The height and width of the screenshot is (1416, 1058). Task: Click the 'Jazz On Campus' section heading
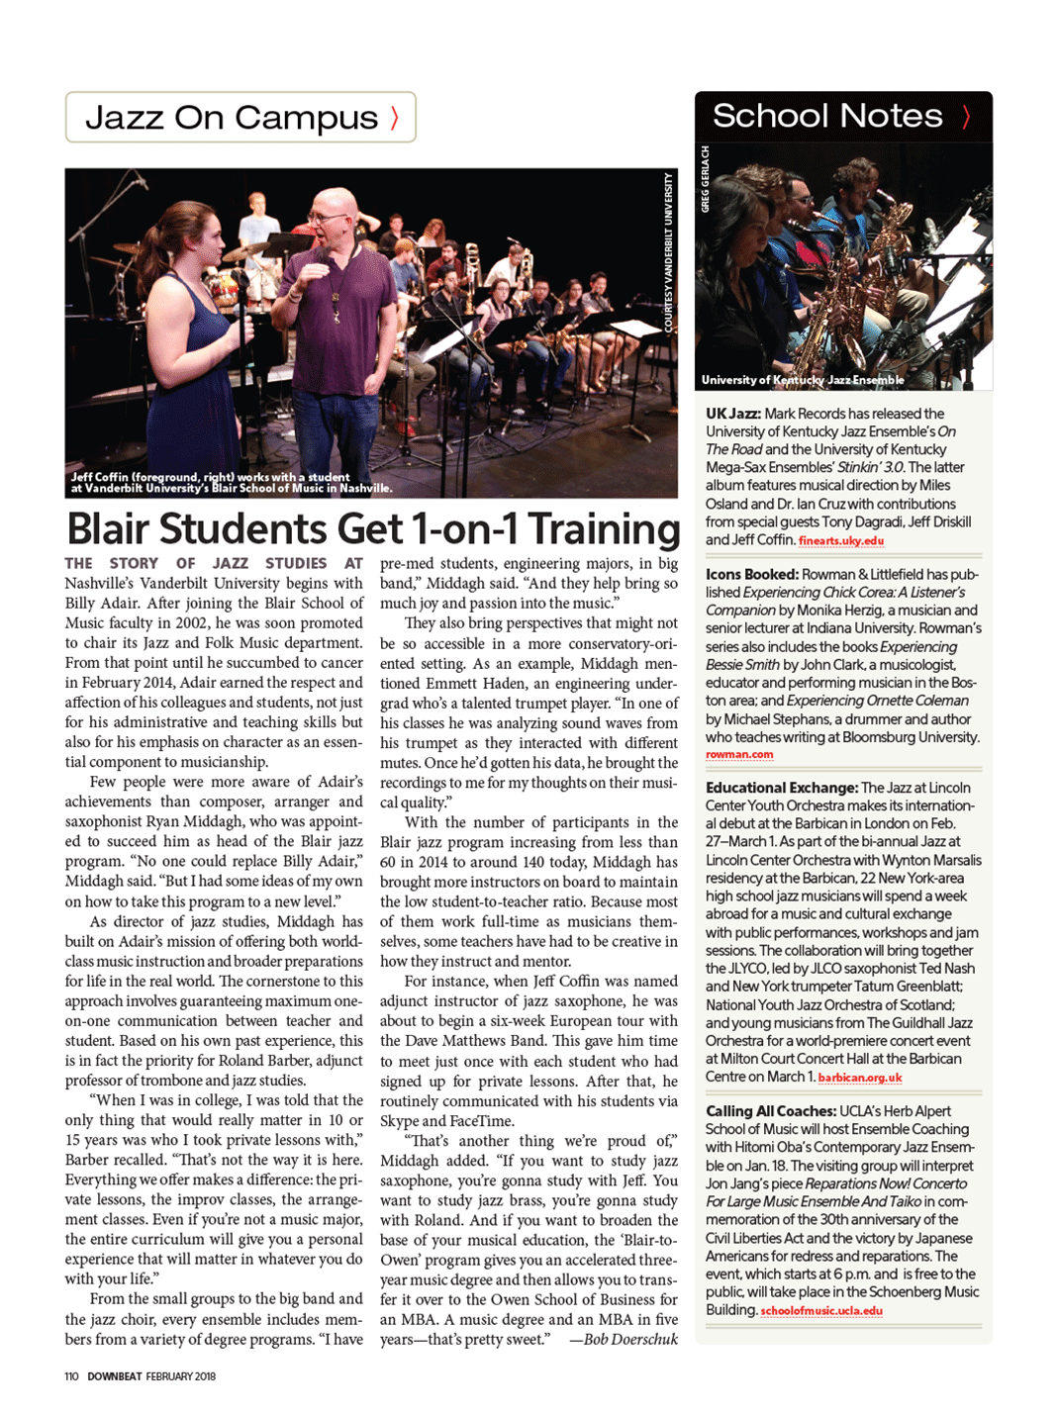[232, 118]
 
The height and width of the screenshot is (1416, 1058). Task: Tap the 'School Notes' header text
[827, 116]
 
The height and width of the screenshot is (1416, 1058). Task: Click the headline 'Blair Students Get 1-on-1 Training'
[372, 528]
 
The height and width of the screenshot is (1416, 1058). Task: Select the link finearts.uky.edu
[841, 540]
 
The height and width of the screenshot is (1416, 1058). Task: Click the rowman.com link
[739, 754]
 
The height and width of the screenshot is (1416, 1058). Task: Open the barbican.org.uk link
[860, 1078]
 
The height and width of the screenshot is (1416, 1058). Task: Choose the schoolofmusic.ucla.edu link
[821, 1311]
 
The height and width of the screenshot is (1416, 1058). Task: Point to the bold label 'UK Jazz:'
[732, 414]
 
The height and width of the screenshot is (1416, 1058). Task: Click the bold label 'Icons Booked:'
[751, 574]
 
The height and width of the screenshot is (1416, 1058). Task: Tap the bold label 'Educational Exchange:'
[781, 788]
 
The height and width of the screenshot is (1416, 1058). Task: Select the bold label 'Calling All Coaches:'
[771, 1111]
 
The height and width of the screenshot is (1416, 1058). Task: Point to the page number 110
[71, 1376]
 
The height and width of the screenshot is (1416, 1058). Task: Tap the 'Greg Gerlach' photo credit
[706, 179]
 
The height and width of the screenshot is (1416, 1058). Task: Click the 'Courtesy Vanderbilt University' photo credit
[668, 252]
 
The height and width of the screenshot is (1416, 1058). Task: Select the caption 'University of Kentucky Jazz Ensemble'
[803, 380]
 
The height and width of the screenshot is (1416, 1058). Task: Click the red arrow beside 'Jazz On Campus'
[395, 118]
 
